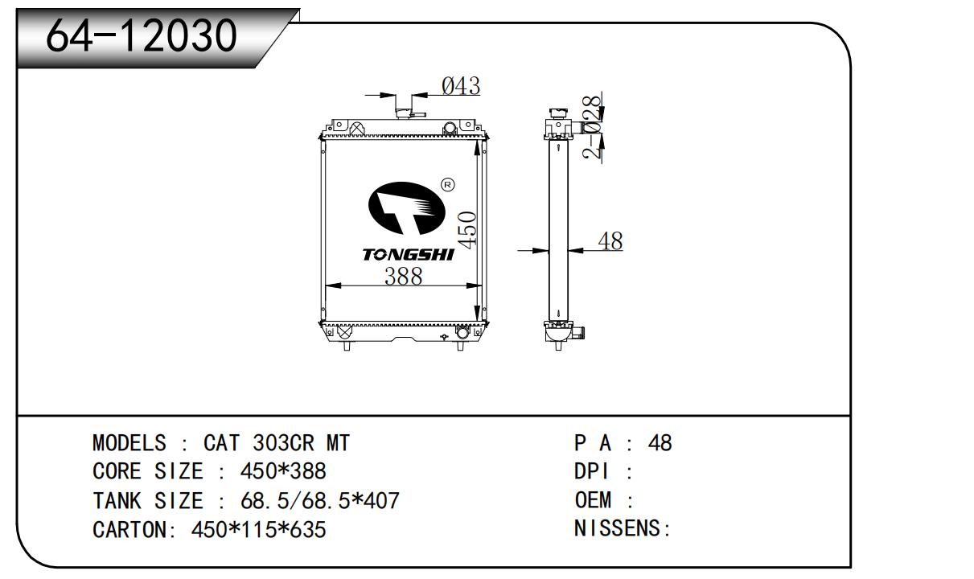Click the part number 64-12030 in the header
pyautogui.click(x=142, y=36)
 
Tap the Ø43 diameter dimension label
pyautogui.click(x=461, y=85)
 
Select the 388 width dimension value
pyautogui.click(x=403, y=277)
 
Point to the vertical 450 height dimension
pyautogui.click(x=467, y=230)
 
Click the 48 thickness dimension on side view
pyautogui.click(x=610, y=241)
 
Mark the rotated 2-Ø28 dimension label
pyautogui.click(x=593, y=127)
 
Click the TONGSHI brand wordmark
pyautogui.click(x=408, y=255)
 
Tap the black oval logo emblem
pyautogui.click(x=406, y=208)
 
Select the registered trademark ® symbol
pyautogui.click(x=448, y=185)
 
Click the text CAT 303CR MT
pyautogui.click(x=277, y=443)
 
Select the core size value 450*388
pyautogui.click(x=283, y=471)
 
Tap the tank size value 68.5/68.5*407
pyautogui.click(x=319, y=500)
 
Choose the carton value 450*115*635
pyautogui.click(x=258, y=529)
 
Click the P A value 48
pyautogui.click(x=660, y=443)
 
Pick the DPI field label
pyautogui.click(x=591, y=471)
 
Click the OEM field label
pyautogui.click(x=593, y=500)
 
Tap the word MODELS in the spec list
pyautogui.click(x=129, y=443)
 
